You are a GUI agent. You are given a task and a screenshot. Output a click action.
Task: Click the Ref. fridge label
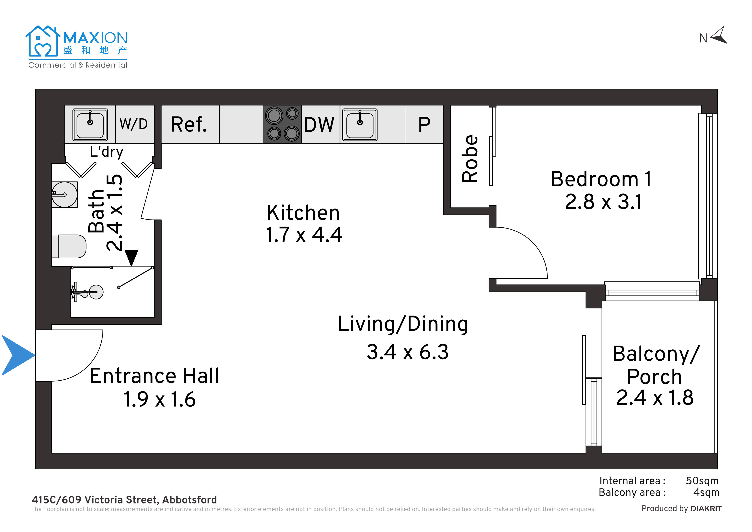click(x=189, y=125)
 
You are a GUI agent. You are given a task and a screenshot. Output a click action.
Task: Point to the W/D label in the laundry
click(x=134, y=124)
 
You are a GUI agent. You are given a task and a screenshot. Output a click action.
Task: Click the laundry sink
click(x=90, y=125)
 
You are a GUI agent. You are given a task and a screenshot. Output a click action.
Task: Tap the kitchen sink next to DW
click(x=360, y=125)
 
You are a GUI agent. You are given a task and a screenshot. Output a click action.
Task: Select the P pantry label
click(x=424, y=125)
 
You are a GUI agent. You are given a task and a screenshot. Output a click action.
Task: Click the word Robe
click(x=470, y=159)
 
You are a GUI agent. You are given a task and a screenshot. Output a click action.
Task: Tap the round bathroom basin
click(x=65, y=195)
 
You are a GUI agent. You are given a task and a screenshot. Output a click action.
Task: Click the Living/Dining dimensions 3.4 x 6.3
click(x=408, y=352)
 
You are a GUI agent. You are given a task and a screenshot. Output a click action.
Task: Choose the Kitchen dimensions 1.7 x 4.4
click(x=304, y=235)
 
